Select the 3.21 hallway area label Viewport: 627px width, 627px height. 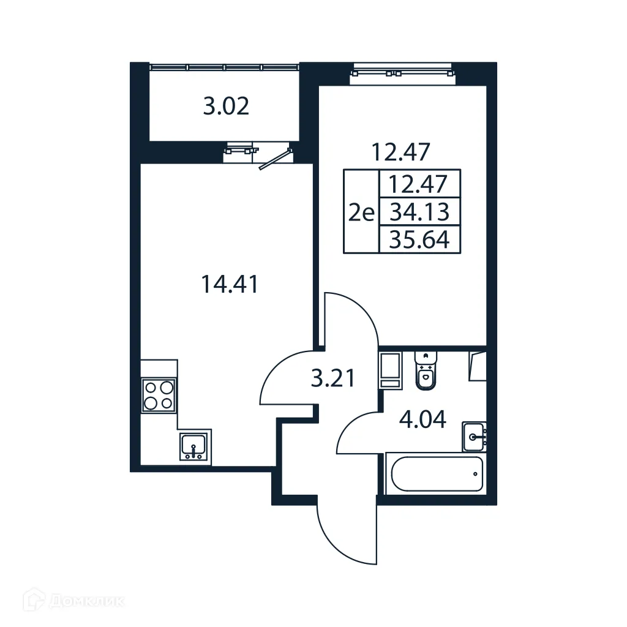click(332, 379)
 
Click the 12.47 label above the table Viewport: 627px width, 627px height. click(401, 151)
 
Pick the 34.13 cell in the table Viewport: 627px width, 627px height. click(419, 212)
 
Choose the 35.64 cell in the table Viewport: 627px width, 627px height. click(419, 239)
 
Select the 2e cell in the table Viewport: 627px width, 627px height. click(361, 212)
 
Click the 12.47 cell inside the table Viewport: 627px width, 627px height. click(419, 183)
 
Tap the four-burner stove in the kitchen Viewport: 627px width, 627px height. click(159, 395)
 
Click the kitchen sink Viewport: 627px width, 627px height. click(195, 446)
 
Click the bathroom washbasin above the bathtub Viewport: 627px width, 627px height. click(475, 435)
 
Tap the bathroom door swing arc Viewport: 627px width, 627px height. click(358, 433)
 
